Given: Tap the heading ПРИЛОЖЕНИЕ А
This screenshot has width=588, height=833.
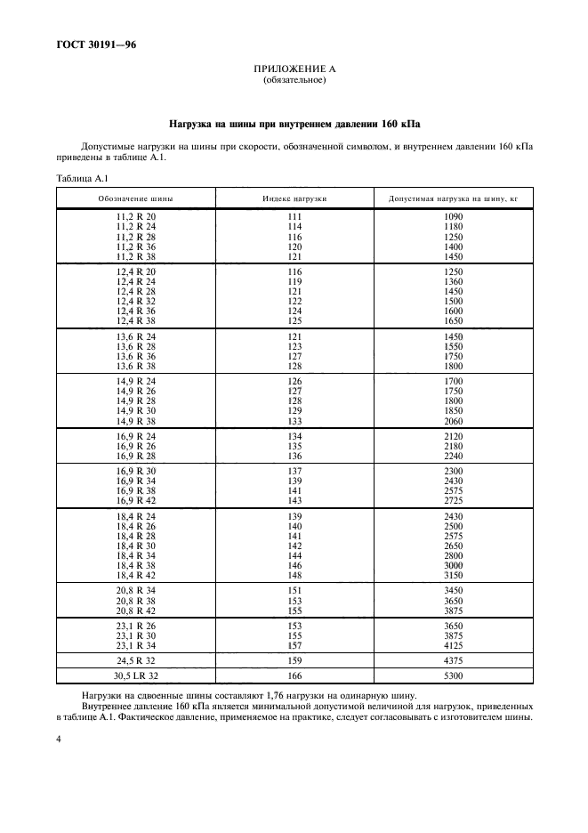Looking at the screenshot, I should click(x=294, y=69).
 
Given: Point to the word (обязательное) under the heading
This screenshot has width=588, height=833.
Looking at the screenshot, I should click(x=294, y=80).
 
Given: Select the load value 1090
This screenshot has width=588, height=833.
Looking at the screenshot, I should click(x=453, y=217).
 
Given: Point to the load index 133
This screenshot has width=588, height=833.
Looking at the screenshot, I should click(x=294, y=420).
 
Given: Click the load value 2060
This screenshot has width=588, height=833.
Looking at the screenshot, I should click(x=453, y=420).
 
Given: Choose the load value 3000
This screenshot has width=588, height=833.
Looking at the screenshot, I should click(x=453, y=565).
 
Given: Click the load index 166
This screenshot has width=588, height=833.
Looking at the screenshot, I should click(x=294, y=677).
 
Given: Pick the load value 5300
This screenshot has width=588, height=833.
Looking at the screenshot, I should click(x=453, y=677).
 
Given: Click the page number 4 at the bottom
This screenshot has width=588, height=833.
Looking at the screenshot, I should click(x=59, y=738).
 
